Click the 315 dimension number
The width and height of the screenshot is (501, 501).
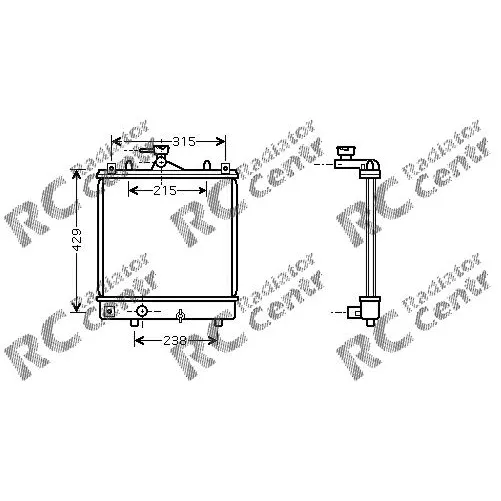pyautogui.click(x=184, y=142)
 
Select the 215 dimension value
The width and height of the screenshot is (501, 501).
pyautogui.click(x=165, y=191)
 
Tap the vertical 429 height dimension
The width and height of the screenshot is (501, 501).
pyautogui.click(x=77, y=239)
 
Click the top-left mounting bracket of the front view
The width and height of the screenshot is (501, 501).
pyautogui.click(x=111, y=168)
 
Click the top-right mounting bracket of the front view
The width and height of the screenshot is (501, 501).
pyautogui.click(x=225, y=168)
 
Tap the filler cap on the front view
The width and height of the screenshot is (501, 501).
pyautogui.click(x=162, y=149)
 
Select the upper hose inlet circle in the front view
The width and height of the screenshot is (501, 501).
pyautogui.click(x=161, y=163)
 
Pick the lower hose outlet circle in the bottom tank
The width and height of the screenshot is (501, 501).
pyautogui.click(x=142, y=311)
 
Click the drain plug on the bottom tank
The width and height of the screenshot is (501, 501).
pyautogui.click(x=180, y=315)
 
